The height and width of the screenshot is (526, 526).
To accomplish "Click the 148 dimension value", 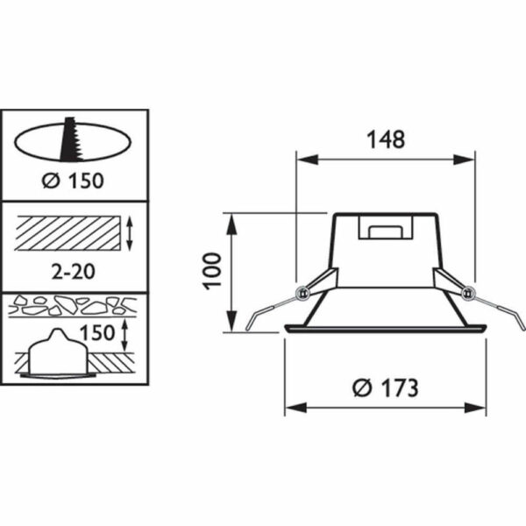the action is click(386, 139).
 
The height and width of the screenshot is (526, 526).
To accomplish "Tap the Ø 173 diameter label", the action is click(386, 388).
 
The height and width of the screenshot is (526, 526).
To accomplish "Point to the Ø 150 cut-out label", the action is click(73, 181).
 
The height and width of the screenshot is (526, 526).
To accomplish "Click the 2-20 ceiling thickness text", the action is click(74, 271).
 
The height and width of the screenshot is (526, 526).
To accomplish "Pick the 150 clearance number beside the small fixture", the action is click(97, 333).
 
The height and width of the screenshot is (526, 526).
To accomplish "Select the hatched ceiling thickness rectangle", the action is click(68, 233).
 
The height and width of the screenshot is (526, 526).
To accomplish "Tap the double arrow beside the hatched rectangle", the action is click(131, 233).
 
